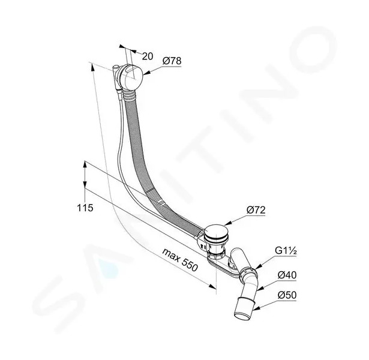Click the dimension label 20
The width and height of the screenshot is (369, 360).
click(x=148, y=56)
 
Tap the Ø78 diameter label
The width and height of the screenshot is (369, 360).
click(x=172, y=61)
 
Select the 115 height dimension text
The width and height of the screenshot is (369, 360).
click(x=85, y=208)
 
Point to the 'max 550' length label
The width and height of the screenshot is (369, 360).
click(x=180, y=260)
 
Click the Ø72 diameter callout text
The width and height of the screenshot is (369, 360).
click(x=256, y=210)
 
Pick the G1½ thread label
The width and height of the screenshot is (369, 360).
click(x=286, y=251)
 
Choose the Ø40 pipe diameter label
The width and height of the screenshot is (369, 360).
click(x=287, y=275)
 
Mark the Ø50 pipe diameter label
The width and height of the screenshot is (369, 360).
click(x=287, y=295)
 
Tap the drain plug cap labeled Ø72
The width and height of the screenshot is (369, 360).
click(x=215, y=232)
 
